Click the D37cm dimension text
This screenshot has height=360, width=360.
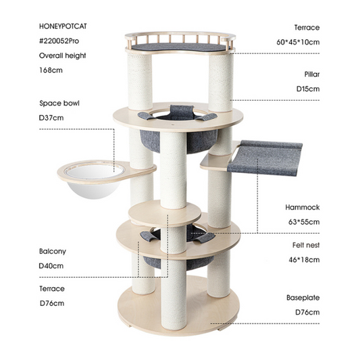point(51,118)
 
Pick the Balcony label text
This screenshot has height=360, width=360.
point(53,251)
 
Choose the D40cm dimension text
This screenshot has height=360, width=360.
point(51,265)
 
